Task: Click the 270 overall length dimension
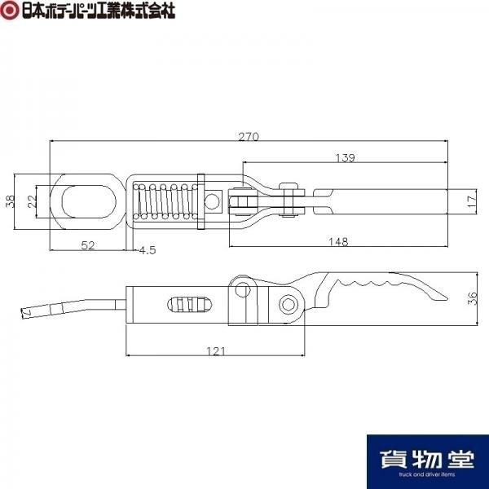pyautogui.click(x=249, y=137)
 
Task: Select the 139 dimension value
pyautogui.click(x=345, y=158)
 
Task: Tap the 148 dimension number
pyautogui.click(x=338, y=242)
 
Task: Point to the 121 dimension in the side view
pyautogui.click(x=215, y=351)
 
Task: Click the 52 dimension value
pyautogui.click(x=88, y=245)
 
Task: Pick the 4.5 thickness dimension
pyautogui.click(x=148, y=250)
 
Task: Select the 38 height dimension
pyautogui.click(x=11, y=201)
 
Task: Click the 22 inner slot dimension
pyautogui.click(x=32, y=201)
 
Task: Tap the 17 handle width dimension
pyautogui.click(x=472, y=201)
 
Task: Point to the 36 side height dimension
pyautogui.click(x=473, y=298)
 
